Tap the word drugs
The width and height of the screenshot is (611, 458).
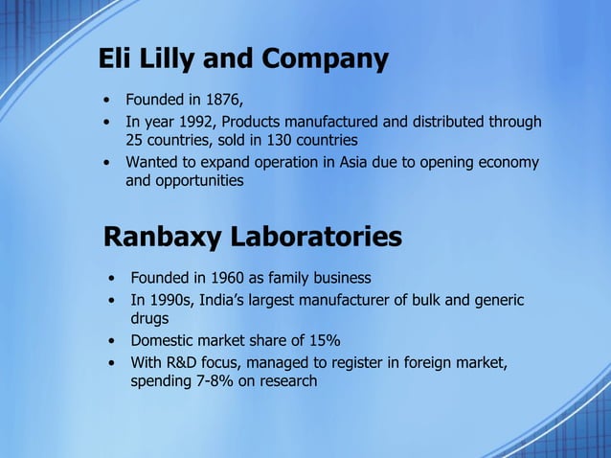149,319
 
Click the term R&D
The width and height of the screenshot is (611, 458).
186,363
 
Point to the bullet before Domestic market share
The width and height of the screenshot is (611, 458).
111,341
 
